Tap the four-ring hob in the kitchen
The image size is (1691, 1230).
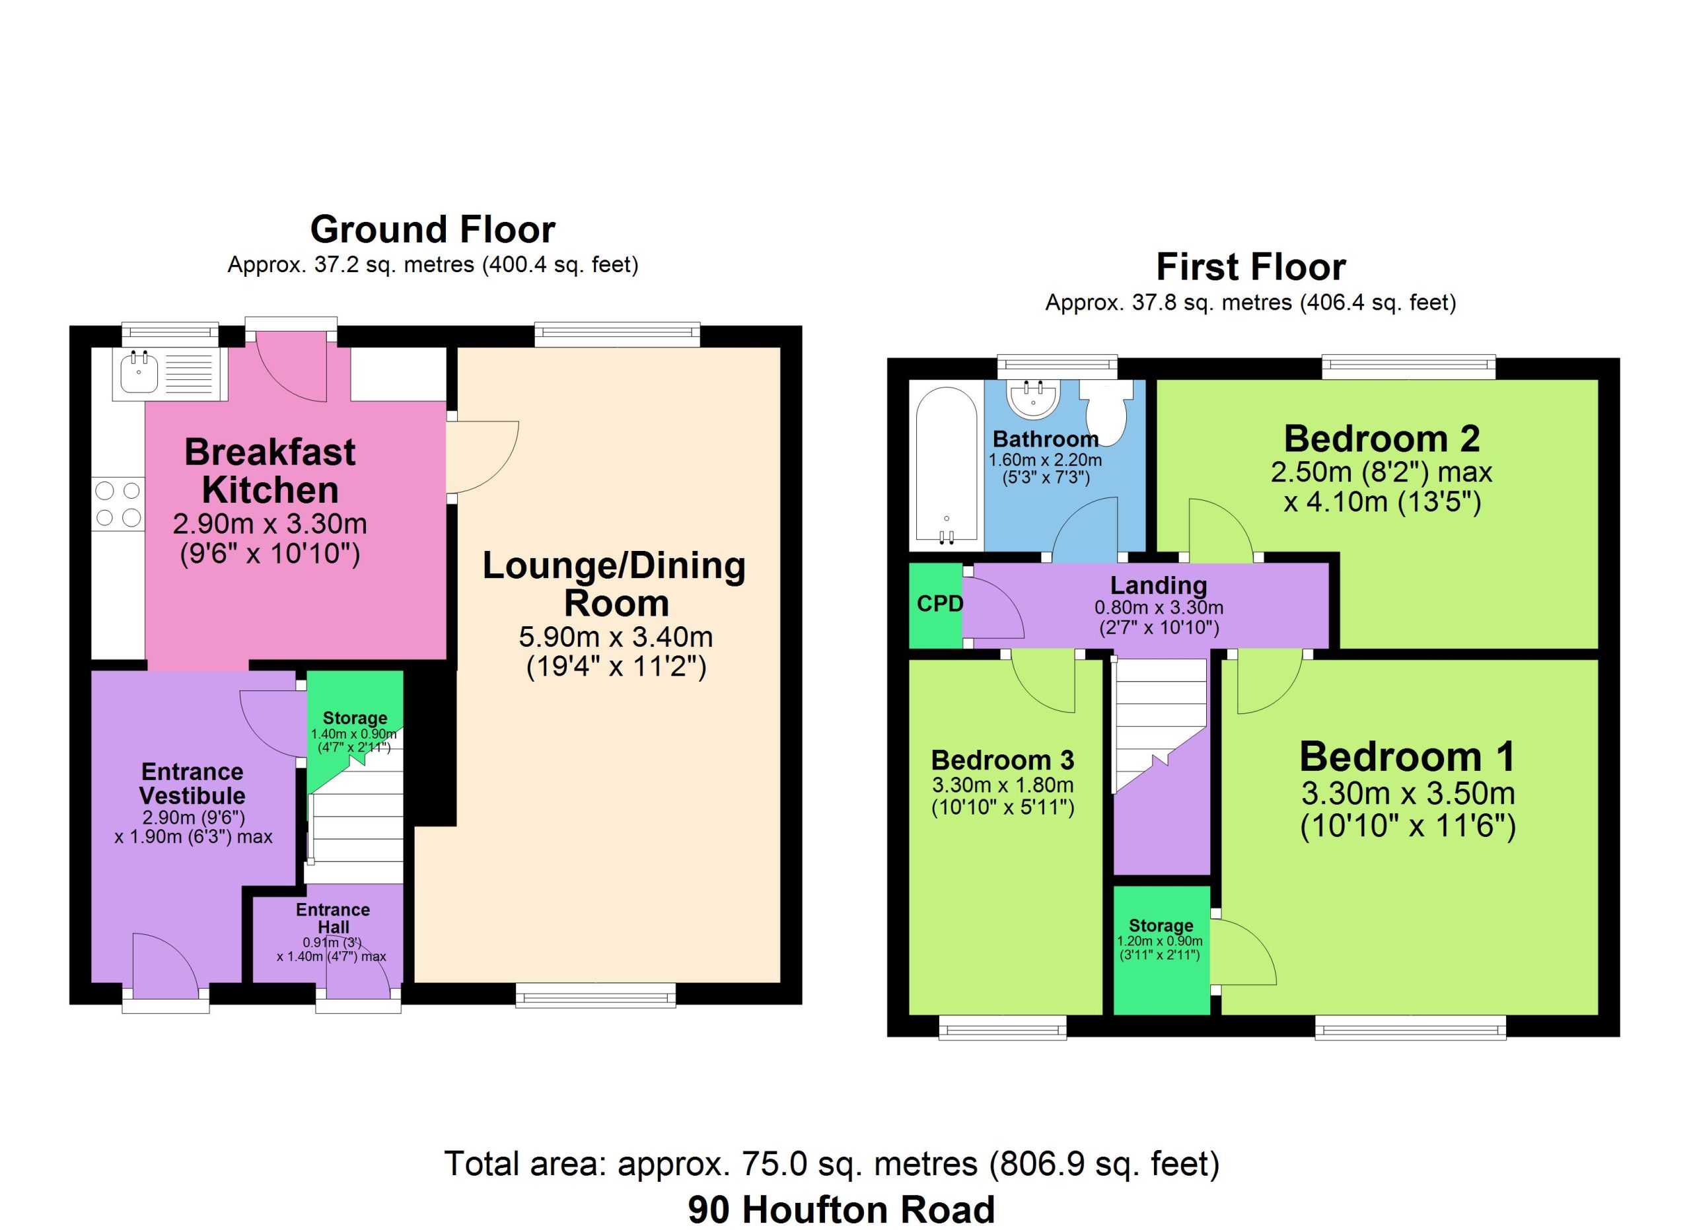(118, 504)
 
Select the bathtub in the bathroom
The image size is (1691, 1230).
(945, 464)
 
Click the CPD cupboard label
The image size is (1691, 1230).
(939, 603)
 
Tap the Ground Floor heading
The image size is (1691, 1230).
(433, 230)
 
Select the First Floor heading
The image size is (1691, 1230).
(1250, 267)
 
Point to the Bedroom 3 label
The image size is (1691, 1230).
(1003, 760)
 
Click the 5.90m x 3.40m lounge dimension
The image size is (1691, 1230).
(616, 637)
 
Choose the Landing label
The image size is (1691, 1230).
(1159, 585)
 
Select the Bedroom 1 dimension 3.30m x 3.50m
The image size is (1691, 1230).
(1408, 794)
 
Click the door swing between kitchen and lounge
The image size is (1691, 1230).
(482, 458)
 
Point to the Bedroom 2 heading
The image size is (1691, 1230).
(1382, 439)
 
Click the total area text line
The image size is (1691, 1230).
(832, 1164)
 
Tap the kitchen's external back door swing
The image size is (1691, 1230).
(291, 367)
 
